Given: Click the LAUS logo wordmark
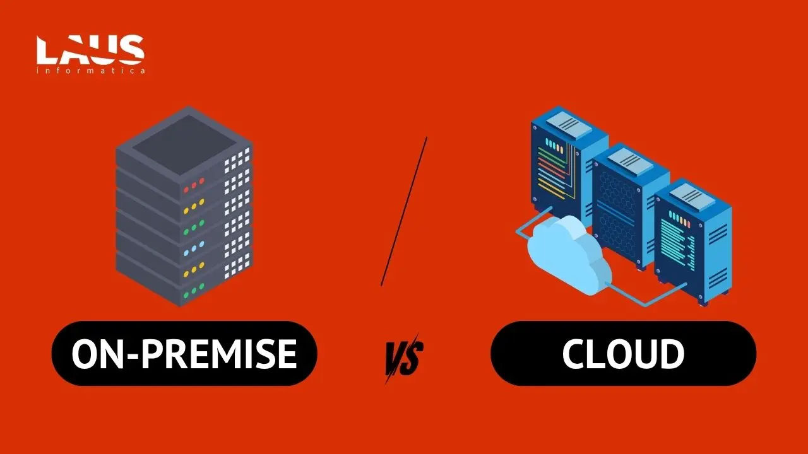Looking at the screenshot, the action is pyautogui.click(x=90, y=50).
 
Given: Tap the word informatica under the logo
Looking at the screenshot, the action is pyautogui.click(x=91, y=70).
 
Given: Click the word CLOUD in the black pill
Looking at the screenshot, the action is pyautogui.click(x=623, y=354).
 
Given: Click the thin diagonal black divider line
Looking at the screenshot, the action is pyautogui.click(x=404, y=211).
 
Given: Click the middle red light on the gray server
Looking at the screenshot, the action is pyautogui.click(x=194, y=185).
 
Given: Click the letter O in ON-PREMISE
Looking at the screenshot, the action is pyautogui.click(x=85, y=354).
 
